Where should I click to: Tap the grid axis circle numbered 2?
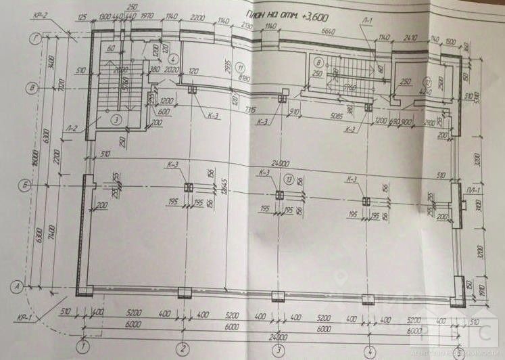[183, 348]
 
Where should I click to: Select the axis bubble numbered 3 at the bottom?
[278, 349]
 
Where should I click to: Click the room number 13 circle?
[289, 179]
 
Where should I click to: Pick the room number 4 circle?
[174, 58]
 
